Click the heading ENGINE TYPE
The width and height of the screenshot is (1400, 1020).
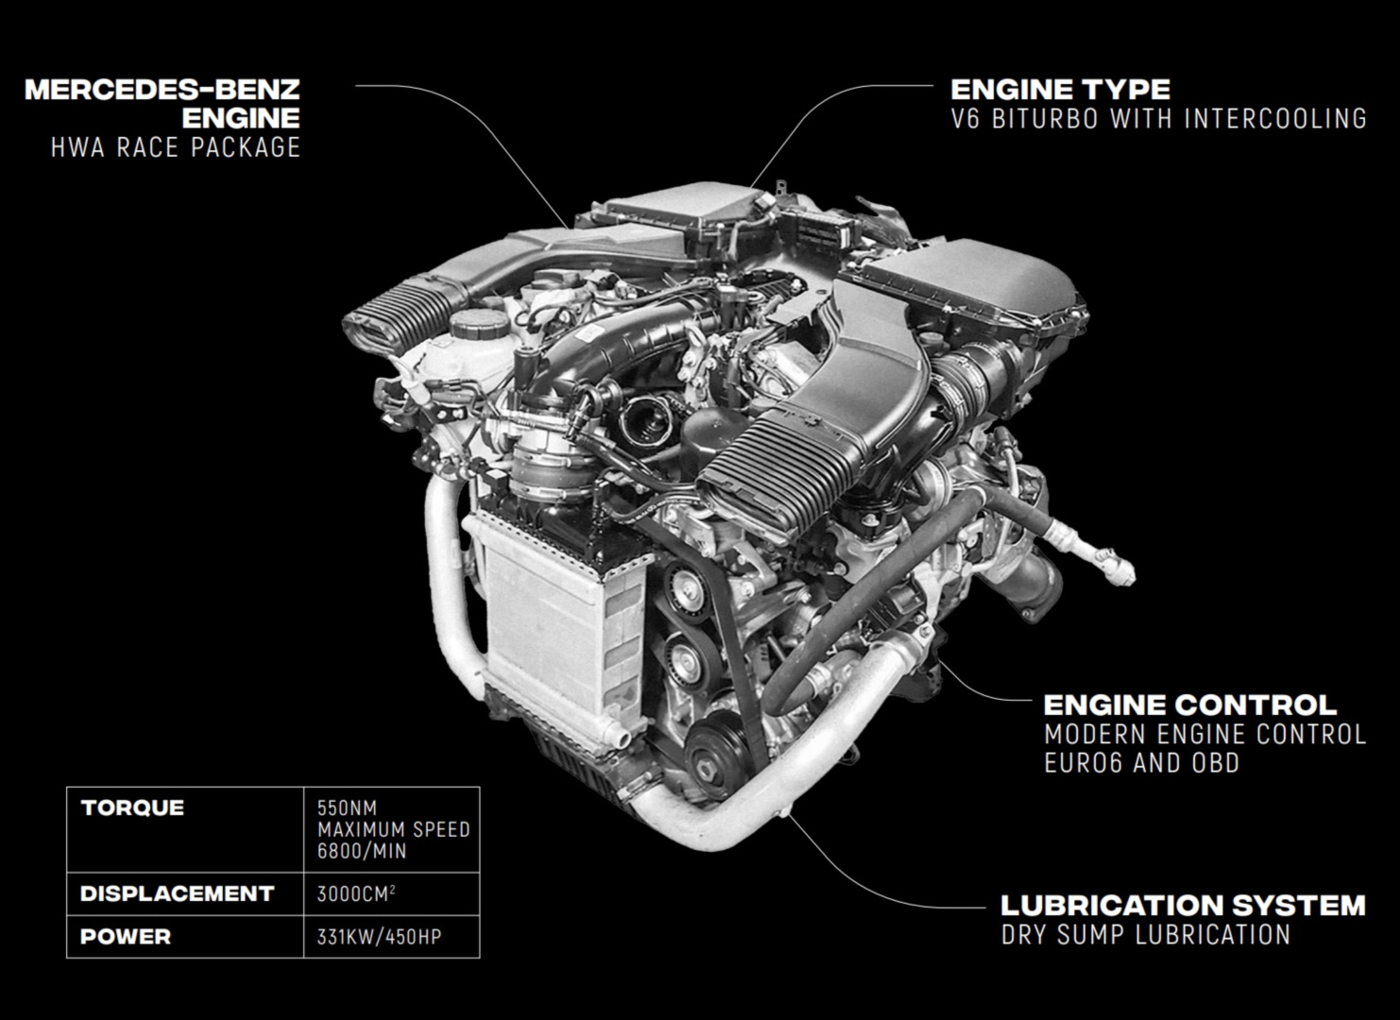tap(1060, 90)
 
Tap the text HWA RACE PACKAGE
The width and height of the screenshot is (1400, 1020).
tap(176, 147)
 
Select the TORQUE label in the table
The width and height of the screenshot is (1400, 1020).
tap(132, 807)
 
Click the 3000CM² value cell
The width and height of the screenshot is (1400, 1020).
tap(356, 893)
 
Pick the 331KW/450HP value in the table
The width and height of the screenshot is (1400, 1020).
tap(380, 937)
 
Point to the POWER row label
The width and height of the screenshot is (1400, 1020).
tap(126, 936)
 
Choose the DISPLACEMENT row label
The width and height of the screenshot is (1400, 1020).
tap(178, 893)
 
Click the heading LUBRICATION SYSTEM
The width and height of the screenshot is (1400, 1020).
tap(1183, 905)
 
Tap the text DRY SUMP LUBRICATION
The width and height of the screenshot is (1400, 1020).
tap(1146, 935)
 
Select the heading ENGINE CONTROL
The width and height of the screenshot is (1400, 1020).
tap(1190, 705)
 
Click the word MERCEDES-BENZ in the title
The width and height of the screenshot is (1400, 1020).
tap(162, 90)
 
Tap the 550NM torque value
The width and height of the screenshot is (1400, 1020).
tap(347, 808)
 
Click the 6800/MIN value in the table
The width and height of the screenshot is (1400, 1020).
tap(362, 851)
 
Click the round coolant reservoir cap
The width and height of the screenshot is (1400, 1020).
tap(479, 323)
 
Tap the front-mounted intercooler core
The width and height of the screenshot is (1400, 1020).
tap(547, 631)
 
